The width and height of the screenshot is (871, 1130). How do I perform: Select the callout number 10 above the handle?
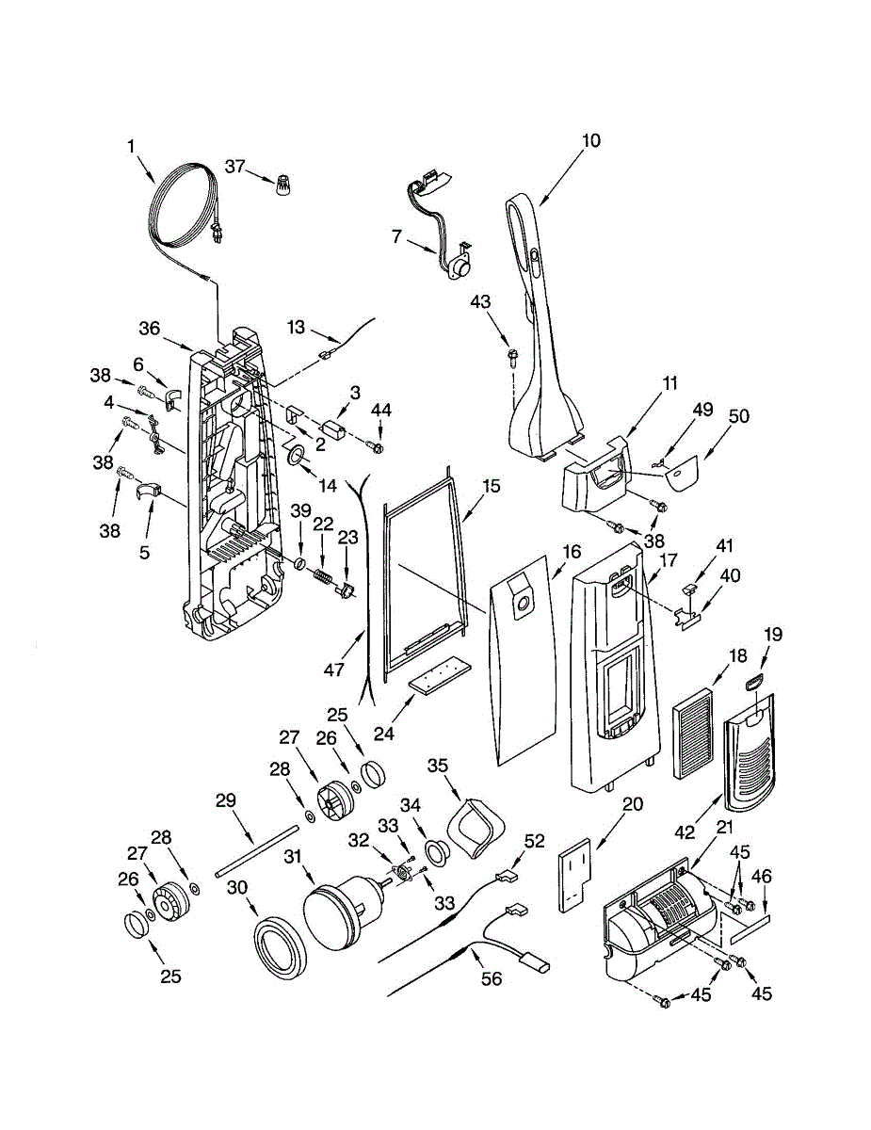(590, 141)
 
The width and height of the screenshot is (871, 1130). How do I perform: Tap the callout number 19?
(772, 635)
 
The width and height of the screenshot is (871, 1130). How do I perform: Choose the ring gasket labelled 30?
(280, 947)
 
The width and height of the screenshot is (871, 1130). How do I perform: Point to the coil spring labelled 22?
(323, 573)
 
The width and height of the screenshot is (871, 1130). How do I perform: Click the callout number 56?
(491, 979)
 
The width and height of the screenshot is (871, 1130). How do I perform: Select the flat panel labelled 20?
(573, 876)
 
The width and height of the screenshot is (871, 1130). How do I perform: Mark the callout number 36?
(150, 328)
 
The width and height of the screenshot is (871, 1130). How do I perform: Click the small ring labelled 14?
(296, 458)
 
